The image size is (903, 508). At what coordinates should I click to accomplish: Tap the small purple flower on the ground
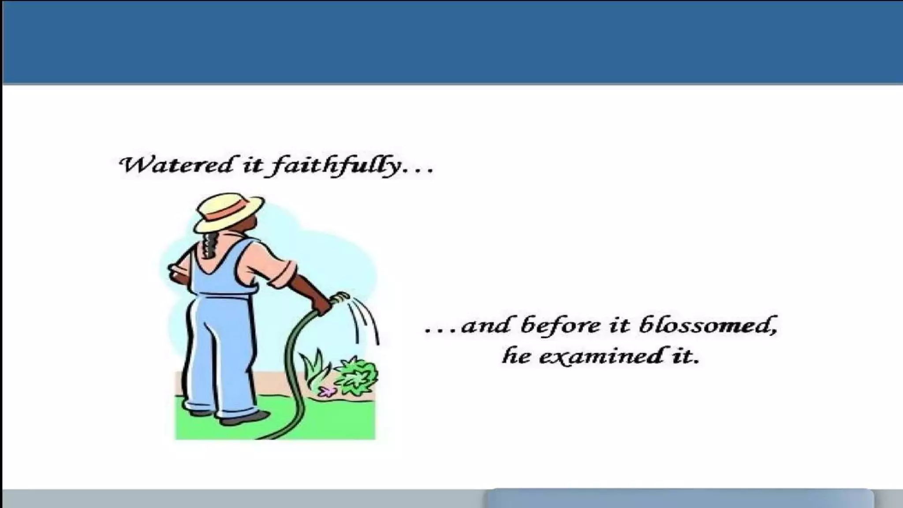coord(327,391)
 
